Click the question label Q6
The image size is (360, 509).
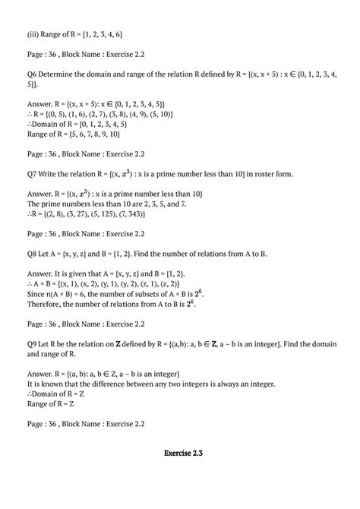pos(32,73)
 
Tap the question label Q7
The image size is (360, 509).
pos(32,173)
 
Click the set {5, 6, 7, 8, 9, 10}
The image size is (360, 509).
pos(98,134)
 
